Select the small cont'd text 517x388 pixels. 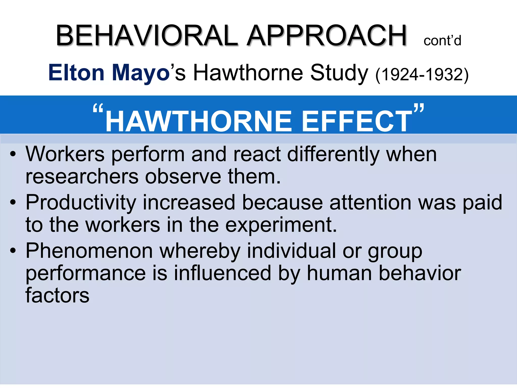point(442,41)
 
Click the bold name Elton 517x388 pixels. point(76,73)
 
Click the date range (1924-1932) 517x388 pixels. point(422,75)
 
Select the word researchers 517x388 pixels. point(82,176)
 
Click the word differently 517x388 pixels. point(333,155)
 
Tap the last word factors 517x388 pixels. point(58,296)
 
